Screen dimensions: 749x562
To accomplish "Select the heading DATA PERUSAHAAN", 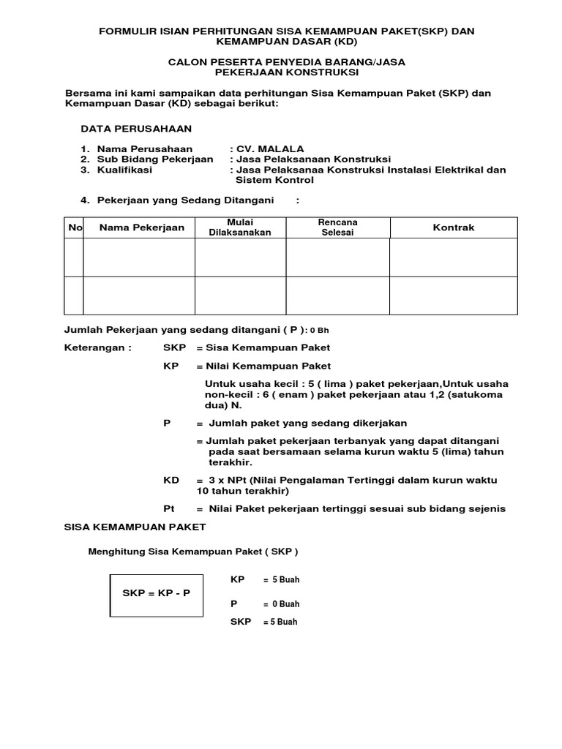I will [136, 129].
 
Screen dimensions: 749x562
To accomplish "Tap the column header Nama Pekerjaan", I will [142, 227].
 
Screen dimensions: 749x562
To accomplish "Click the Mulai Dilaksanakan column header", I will [240, 227].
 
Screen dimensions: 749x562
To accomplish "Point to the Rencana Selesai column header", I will [337, 227].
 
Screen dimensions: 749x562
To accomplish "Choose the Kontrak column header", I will [454, 227].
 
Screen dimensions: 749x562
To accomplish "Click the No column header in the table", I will [75, 227].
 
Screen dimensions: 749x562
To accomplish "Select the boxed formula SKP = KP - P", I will [155, 592].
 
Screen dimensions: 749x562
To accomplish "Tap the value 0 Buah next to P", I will [285, 604].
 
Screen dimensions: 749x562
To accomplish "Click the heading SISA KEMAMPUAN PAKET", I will [135, 527].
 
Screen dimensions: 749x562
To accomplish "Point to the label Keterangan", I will [98, 347].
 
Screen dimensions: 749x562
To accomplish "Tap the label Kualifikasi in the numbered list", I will [124, 169].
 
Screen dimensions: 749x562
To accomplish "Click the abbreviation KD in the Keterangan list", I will [171, 480].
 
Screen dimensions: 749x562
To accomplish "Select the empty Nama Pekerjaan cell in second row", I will [139, 296].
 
